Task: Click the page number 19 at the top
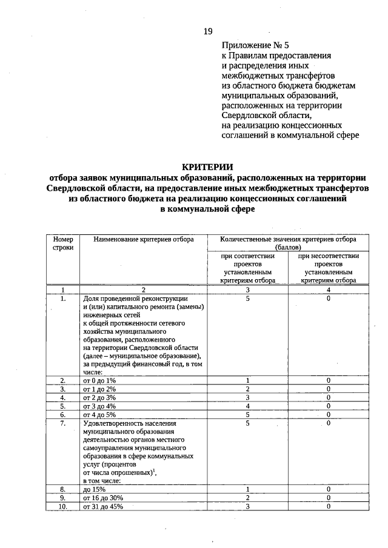[x=208, y=30]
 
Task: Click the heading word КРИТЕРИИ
[x=207, y=167]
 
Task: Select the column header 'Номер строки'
[x=62, y=244]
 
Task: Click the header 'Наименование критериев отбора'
[x=144, y=240]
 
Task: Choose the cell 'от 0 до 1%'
[x=99, y=380]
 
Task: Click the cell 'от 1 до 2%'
[x=99, y=389]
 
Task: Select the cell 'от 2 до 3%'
[x=99, y=397]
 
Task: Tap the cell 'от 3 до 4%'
[x=99, y=406]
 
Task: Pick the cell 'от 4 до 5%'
[x=99, y=415]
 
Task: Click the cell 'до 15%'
[x=95, y=489]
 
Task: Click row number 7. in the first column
[x=62, y=424]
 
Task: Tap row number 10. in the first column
[x=62, y=506]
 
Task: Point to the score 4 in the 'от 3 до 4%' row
[x=248, y=406]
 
